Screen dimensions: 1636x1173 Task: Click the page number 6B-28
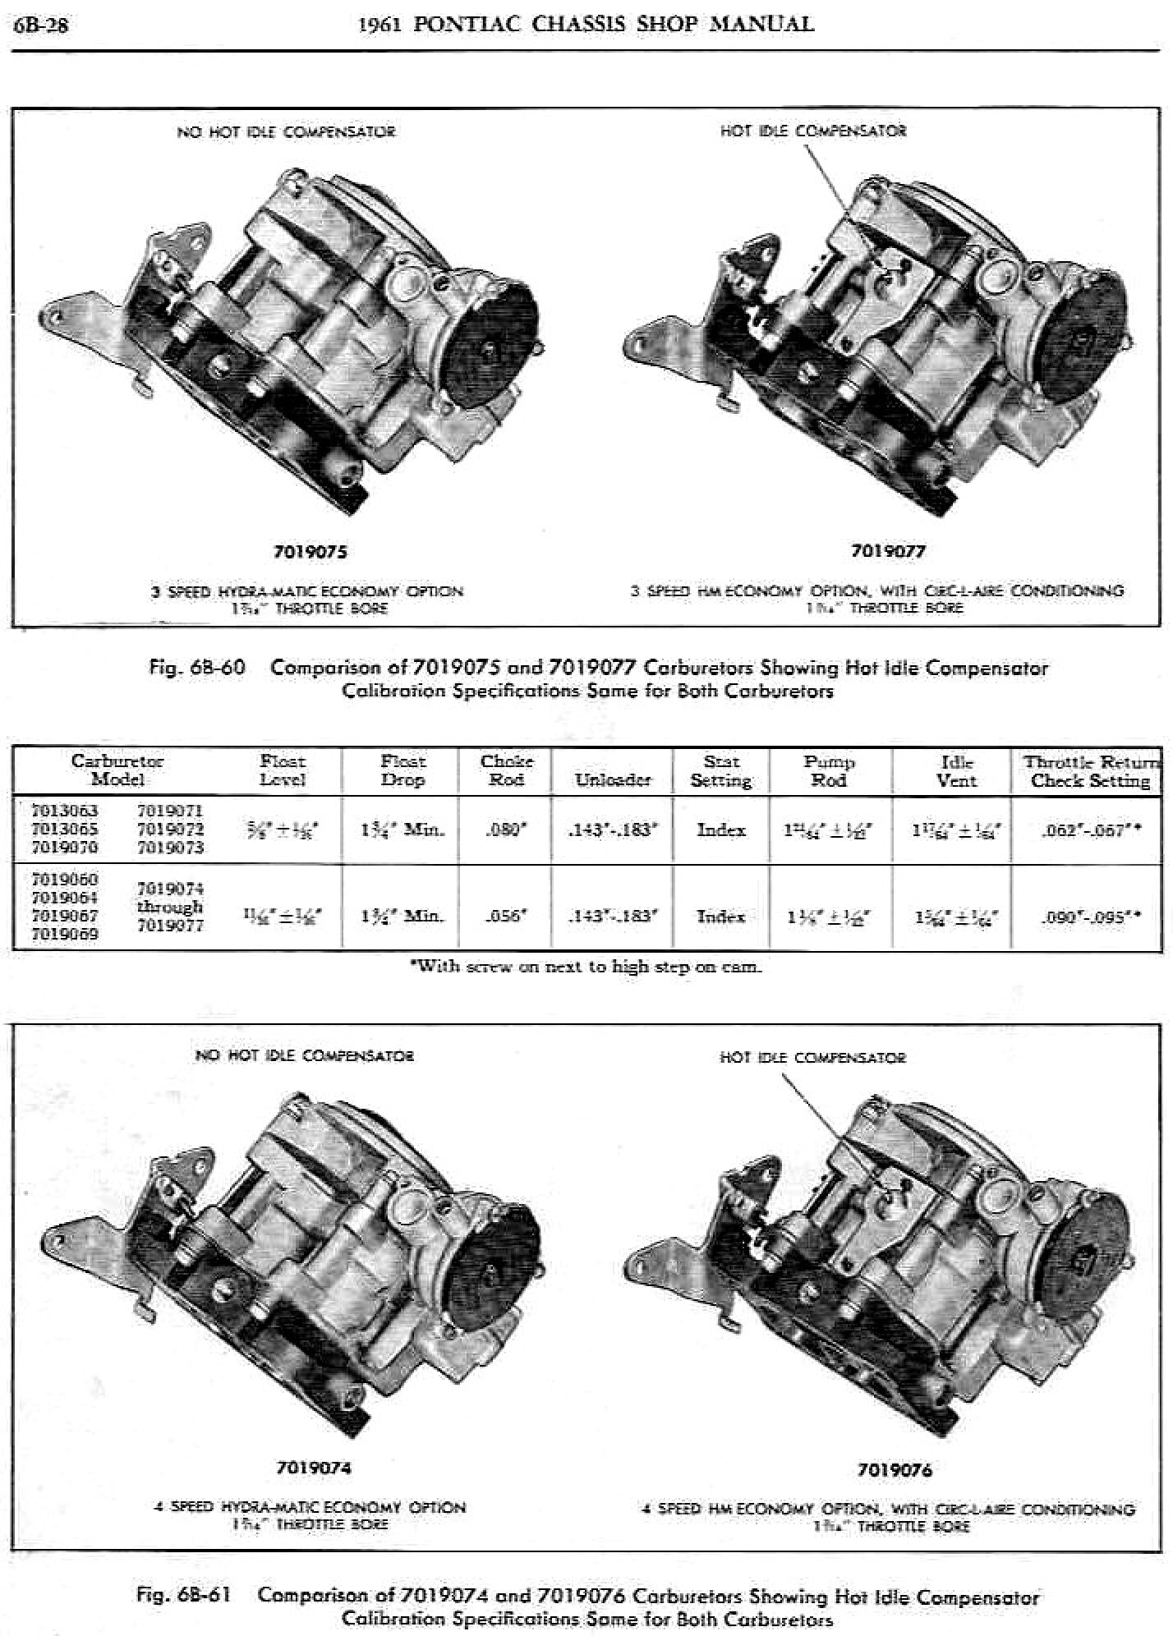pyautogui.click(x=41, y=25)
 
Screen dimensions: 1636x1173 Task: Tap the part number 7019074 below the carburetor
pyautogui.click(x=314, y=1468)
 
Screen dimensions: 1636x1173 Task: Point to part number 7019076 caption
pyautogui.click(x=895, y=1470)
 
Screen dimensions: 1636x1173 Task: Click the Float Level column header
pyautogui.click(x=282, y=770)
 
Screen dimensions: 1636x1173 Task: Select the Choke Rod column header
pyautogui.click(x=506, y=770)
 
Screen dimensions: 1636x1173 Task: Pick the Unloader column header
pyautogui.click(x=613, y=779)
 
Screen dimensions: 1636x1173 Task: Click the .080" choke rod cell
pyautogui.click(x=507, y=829)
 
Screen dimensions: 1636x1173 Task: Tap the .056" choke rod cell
pyautogui.click(x=507, y=916)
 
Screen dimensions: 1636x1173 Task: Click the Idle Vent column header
pyautogui.click(x=956, y=770)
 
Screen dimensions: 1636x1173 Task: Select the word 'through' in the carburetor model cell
pyautogui.click(x=169, y=908)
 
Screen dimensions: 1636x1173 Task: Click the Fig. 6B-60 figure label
pyautogui.click(x=197, y=668)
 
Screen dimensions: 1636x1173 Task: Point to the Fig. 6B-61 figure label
pyautogui.click(x=184, y=1596)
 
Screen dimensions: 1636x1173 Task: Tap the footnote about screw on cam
pyautogui.click(x=586, y=967)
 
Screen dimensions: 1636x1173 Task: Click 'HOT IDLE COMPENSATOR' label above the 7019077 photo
pyautogui.click(x=813, y=131)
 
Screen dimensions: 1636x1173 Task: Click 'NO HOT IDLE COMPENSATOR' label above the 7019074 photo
pyautogui.click(x=304, y=1056)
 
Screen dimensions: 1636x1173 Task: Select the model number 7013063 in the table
pyautogui.click(x=64, y=811)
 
